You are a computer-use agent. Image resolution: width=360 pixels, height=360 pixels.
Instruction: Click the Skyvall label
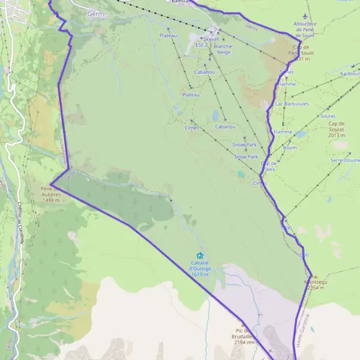[211, 38]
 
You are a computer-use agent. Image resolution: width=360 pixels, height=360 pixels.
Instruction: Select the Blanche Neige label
[223, 49]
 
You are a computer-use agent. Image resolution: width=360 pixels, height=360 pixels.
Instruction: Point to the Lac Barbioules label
[292, 103]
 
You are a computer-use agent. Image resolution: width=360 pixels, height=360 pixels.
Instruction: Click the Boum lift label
[290, 148]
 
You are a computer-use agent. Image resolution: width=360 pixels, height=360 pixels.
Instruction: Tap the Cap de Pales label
[268, 166]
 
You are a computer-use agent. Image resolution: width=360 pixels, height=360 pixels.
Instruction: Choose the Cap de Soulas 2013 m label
[340, 130]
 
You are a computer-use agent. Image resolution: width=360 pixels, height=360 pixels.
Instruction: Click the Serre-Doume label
[345, 160]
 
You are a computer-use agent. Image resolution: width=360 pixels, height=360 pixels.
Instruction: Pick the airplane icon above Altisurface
[305, 16]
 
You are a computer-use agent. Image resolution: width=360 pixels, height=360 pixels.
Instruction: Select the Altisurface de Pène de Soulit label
[305, 29]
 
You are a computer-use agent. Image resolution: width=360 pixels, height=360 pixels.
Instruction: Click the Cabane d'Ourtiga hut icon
[200, 256]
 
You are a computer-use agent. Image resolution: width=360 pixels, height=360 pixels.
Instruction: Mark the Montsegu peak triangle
[316, 277]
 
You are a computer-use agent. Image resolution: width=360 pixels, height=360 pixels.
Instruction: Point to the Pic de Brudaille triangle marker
[243, 324]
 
